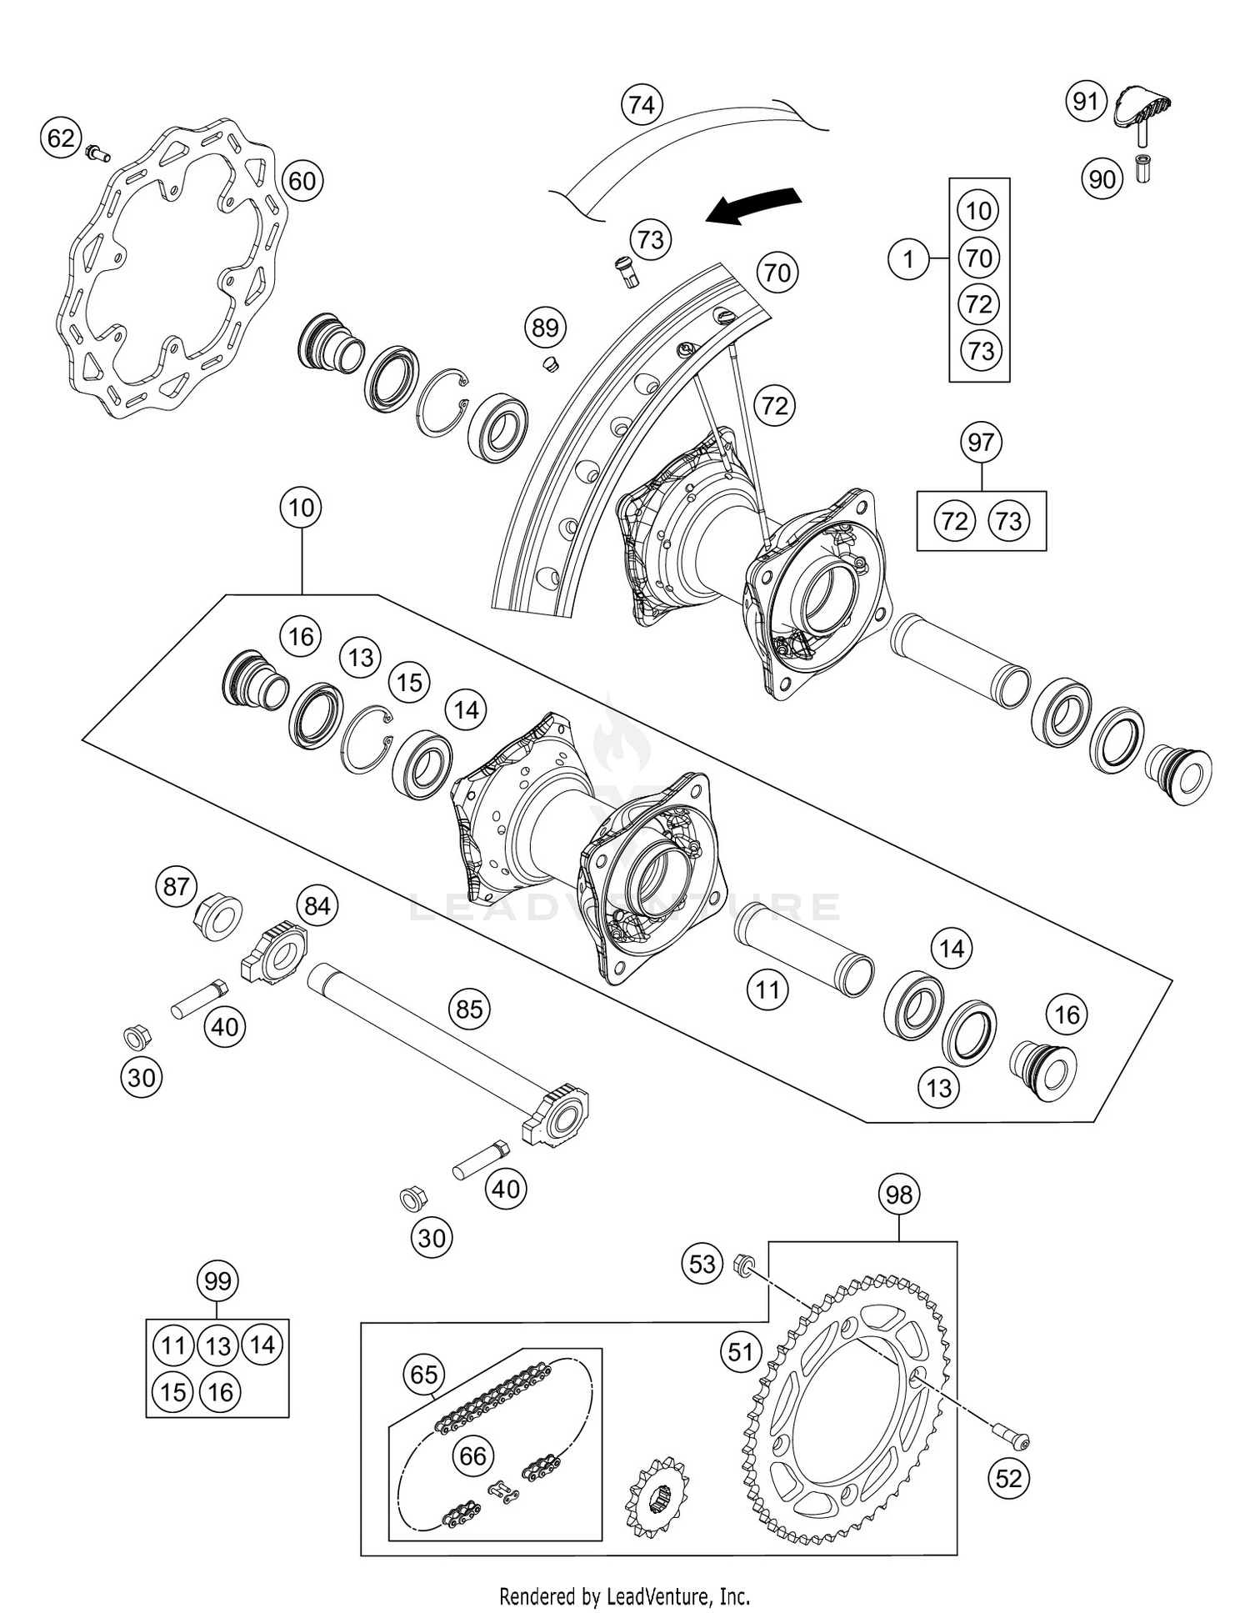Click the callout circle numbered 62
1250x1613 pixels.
tap(61, 138)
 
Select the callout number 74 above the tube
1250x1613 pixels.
tap(641, 105)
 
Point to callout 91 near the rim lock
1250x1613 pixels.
tap(1085, 102)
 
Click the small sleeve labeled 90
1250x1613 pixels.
tap(1142, 169)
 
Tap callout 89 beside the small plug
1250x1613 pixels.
tap(545, 328)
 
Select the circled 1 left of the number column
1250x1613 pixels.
tap(908, 259)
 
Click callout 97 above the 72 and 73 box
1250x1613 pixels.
tap(981, 442)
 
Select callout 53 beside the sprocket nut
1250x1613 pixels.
tap(702, 1265)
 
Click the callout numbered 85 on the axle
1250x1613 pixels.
tap(468, 1009)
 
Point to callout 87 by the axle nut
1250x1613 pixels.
tap(176, 886)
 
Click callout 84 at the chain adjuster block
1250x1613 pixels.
tap(317, 906)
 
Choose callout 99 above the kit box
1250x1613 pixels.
tap(217, 1280)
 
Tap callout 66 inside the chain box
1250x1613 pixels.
tap(472, 1455)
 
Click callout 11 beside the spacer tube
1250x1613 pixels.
tap(767, 989)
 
